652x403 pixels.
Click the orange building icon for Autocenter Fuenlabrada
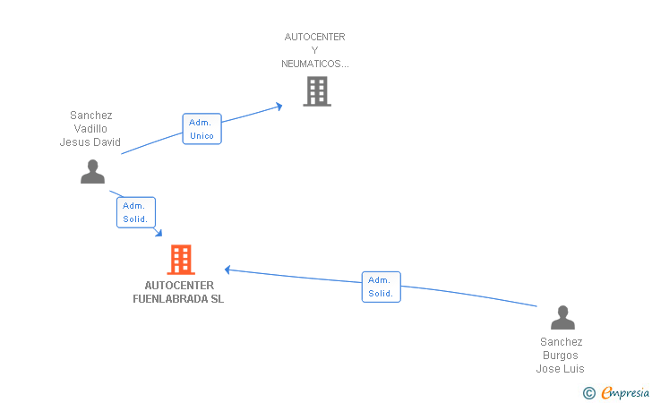(181, 260)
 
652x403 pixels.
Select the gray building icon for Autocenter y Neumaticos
(316, 91)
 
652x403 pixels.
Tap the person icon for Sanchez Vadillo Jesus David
(92, 171)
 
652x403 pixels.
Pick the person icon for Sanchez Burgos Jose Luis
(562, 318)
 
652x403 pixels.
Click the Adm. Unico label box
(202, 129)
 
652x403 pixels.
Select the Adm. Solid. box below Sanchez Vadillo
(135, 212)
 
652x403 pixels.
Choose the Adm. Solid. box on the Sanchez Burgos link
(381, 287)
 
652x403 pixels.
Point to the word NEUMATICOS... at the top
(314, 64)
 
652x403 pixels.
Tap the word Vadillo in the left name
(90, 129)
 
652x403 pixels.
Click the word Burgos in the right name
(561, 356)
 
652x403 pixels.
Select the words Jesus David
(90, 142)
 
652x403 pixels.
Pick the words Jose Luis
(561, 369)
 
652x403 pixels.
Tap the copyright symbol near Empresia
(588, 392)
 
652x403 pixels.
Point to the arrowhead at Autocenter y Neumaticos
(279, 106)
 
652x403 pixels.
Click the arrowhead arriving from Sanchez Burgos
(227, 269)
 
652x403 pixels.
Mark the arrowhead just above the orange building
(159, 234)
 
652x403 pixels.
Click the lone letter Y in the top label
(314, 50)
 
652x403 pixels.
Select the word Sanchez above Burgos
(561, 342)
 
